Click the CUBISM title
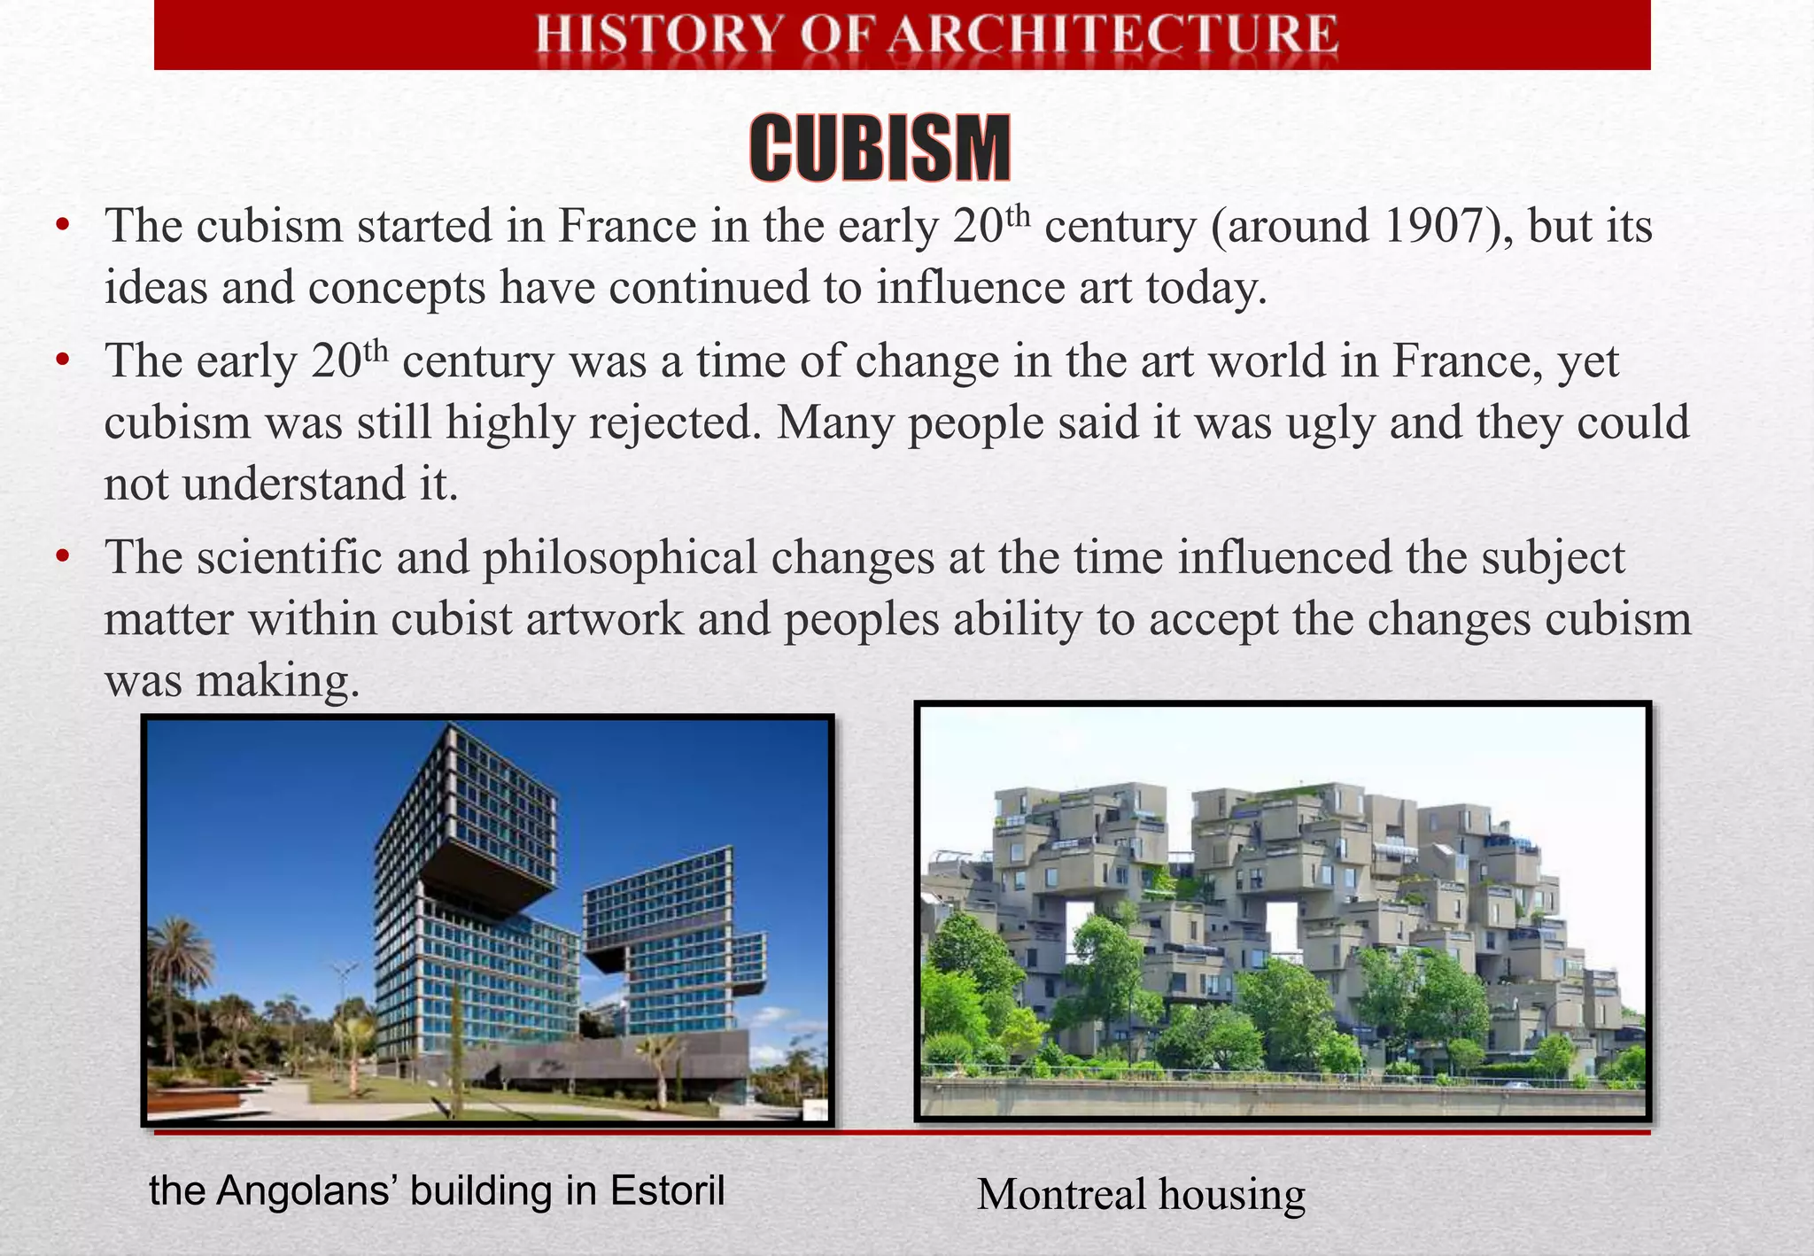(880, 149)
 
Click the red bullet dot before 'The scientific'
(61, 558)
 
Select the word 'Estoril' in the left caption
(666, 1190)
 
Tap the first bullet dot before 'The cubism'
(61, 227)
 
